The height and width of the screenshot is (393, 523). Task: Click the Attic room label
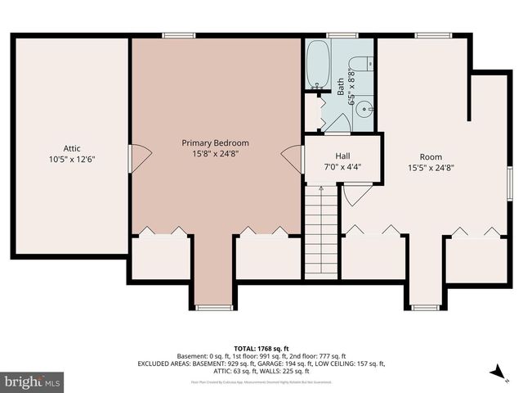point(72,148)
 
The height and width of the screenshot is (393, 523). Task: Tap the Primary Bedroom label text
point(215,142)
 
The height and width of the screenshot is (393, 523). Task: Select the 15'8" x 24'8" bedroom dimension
point(215,154)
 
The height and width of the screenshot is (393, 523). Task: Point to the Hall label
point(343,156)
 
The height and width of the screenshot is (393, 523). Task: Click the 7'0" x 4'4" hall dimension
point(343,166)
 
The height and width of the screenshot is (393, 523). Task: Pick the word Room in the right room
point(431,156)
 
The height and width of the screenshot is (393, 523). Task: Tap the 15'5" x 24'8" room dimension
point(431,167)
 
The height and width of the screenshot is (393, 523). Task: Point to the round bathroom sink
point(365,106)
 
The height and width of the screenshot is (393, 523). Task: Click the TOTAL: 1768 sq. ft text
point(261,348)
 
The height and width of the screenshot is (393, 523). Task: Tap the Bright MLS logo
point(33,382)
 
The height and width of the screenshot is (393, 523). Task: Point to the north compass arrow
point(494,373)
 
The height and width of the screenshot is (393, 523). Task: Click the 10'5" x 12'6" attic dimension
point(72,160)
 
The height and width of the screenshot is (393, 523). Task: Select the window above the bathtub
point(337,35)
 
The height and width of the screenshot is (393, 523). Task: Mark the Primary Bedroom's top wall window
point(173,35)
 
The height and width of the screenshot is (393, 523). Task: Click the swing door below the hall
point(356,195)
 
